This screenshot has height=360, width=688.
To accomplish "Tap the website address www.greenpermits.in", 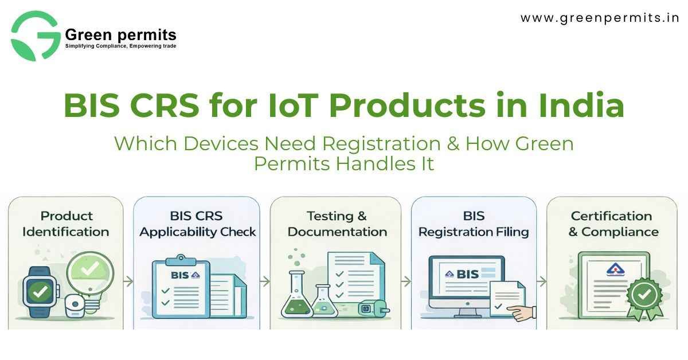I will tap(599, 18).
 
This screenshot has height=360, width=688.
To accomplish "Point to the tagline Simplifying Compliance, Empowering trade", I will tap(120, 46).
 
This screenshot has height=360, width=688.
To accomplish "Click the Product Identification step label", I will tap(67, 224).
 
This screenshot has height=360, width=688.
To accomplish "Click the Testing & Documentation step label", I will tap(337, 224).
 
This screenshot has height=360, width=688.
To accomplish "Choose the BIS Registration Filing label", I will tap(474, 224).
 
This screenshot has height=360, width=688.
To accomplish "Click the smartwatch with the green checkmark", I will tap(40, 293).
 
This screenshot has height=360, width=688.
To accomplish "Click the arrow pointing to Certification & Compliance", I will tap(541, 281).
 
